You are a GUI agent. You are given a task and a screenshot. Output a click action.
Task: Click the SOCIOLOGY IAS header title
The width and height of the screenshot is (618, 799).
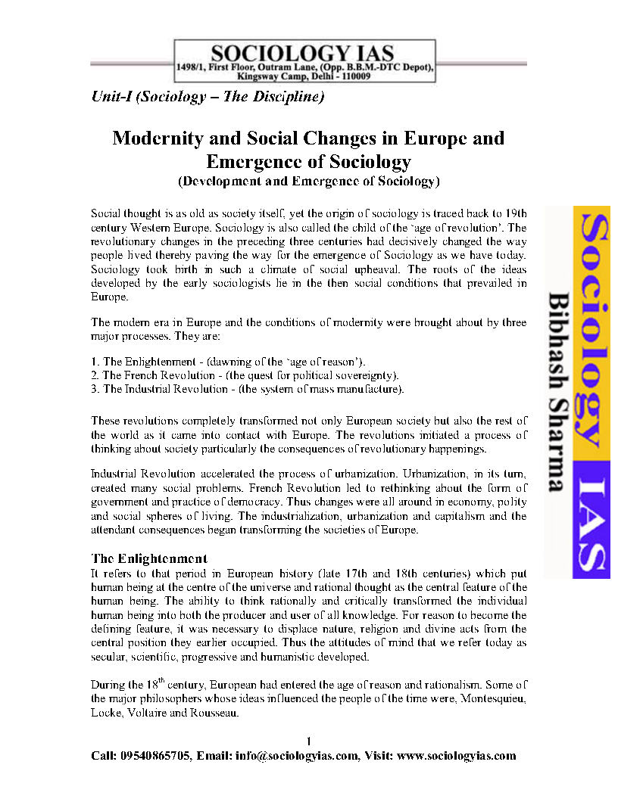[302, 54]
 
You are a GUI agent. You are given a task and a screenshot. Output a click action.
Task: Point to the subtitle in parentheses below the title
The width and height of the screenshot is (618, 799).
[308, 182]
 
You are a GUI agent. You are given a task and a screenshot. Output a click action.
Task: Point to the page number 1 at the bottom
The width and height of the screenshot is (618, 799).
[309, 740]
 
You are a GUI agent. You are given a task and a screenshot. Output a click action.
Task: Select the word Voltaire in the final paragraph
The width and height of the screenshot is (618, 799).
[149, 714]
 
